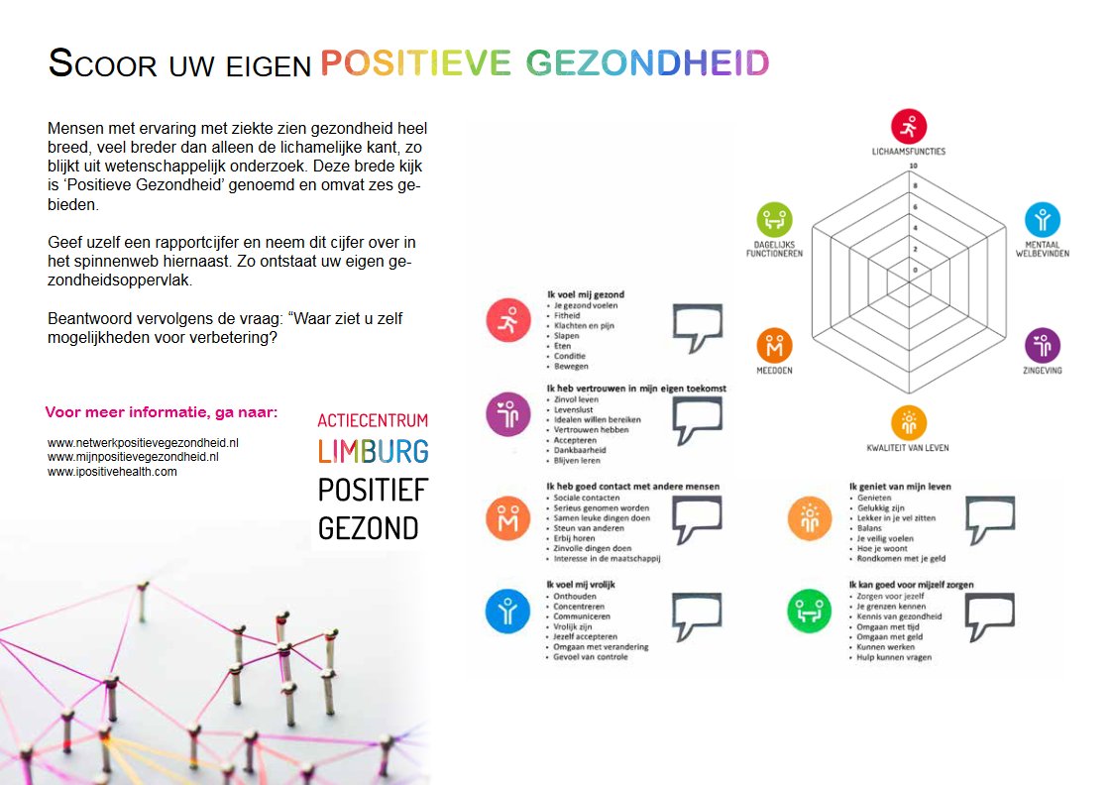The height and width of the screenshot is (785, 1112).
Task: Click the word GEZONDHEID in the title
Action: point(647,63)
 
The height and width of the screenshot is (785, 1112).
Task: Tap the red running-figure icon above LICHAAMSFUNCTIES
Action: point(908,127)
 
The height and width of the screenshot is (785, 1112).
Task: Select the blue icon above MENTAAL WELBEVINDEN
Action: point(1042,219)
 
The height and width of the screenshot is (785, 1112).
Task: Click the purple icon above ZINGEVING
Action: point(1042,345)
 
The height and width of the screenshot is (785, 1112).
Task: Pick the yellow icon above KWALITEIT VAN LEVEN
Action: point(908,423)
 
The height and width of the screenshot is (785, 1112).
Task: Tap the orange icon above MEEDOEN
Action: point(774,346)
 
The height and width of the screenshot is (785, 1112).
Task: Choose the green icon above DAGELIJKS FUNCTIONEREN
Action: point(774,219)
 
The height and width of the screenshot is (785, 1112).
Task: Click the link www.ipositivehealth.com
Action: point(112,472)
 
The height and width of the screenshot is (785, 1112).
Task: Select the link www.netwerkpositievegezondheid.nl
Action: point(143,443)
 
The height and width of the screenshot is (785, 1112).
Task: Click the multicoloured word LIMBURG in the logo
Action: point(373,452)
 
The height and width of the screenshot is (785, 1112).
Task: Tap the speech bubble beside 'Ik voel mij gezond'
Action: point(705,327)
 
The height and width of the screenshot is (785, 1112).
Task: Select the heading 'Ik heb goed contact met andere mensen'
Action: point(633,487)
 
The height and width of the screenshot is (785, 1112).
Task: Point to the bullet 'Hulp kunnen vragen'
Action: point(894,657)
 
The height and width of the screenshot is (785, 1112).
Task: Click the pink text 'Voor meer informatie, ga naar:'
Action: point(162,412)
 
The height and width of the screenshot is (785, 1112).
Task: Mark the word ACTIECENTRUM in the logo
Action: point(373,420)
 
